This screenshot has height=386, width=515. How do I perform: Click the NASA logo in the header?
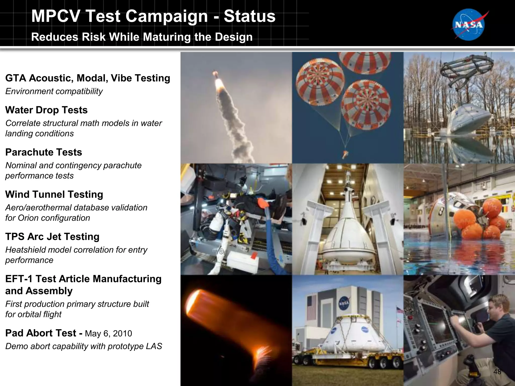[x=469, y=25]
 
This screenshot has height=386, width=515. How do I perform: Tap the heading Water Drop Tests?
[x=46, y=110]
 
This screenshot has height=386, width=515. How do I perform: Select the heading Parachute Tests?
[x=44, y=152]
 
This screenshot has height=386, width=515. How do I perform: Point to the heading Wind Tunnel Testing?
[x=54, y=195]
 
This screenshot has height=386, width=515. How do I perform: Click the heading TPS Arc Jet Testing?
[x=52, y=237]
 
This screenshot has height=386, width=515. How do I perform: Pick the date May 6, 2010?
[x=108, y=333]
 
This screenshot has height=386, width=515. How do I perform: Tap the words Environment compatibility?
[x=54, y=91]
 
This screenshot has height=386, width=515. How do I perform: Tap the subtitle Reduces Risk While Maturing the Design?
[x=142, y=37]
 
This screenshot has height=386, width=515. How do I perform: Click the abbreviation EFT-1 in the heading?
[x=19, y=279]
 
